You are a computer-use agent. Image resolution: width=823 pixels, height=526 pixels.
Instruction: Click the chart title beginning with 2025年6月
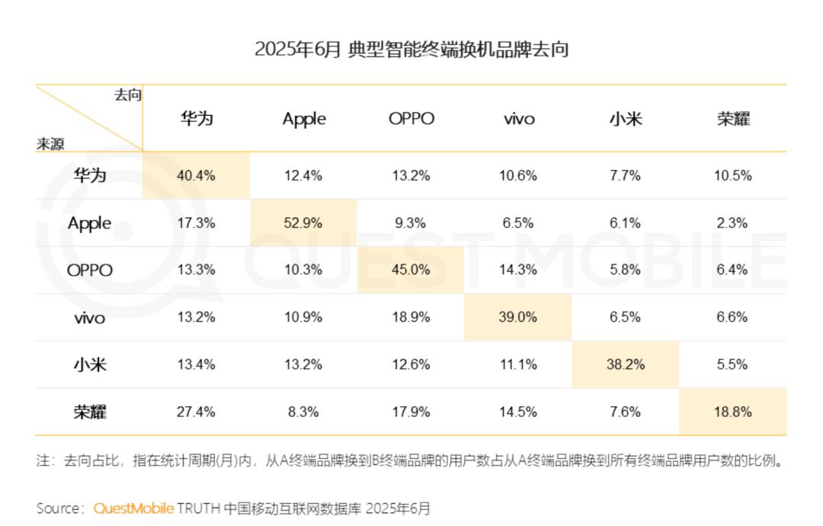pyautogui.click(x=411, y=50)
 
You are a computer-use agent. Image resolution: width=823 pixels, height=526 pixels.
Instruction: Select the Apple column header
pyautogui.click(x=304, y=119)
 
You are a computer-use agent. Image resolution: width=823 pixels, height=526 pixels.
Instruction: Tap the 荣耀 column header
pyautogui.click(x=733, y=119)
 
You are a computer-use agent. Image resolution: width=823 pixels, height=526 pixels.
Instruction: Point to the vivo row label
pyautogui.click(x=89, y=318)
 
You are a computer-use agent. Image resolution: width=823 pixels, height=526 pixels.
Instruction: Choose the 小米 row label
pyautogui.click(x=89, y=365)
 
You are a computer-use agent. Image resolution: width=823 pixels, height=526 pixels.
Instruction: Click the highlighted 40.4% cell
pyautogui.click(x=196, y=176)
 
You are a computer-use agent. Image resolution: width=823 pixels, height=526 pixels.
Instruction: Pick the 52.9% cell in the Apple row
pyautogui.click(x=303, y=223)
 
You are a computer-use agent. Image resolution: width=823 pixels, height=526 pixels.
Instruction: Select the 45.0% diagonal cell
pyautogui.click(x=411, y=270)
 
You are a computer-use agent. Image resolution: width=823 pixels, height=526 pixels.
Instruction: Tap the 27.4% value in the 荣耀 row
pyautogui.click(x=196, y=412)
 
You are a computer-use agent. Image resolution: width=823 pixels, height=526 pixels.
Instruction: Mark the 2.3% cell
pyautogui.click(x=732, y=223)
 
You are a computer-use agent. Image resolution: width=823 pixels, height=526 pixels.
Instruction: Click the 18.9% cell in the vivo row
pyautogui.click(x=411, y=317)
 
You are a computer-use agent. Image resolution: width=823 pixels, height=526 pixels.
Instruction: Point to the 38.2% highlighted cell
pyautogui.click(x=625, y=365)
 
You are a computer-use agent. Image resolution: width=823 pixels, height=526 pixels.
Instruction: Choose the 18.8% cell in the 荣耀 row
pyautogui.click(x=732, y=412)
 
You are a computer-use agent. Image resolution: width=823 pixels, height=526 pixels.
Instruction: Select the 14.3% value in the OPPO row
pyautogui.click(x=518, y=270)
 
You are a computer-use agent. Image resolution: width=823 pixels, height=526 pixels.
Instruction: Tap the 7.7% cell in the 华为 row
pyautogui.click(x=625, y=176)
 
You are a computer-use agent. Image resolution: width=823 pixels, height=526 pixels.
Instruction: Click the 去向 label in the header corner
pyautogui.click(x=127, y=95)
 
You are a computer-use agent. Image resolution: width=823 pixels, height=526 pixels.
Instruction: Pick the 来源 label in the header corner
pyautogui.click(x=50, y=143)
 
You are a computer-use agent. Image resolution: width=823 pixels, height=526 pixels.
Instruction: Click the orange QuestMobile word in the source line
pyautogui.click(x=133, y=508)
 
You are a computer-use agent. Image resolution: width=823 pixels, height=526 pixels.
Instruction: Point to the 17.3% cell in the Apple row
pyautogui.click(x=196, y=223)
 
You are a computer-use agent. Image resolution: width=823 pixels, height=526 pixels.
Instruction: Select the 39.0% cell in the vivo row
pyautogui.click(x=518, y=317)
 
